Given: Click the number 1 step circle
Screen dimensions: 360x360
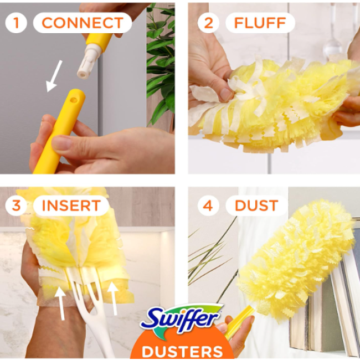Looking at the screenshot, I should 16,23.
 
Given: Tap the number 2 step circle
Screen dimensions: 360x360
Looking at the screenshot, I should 209,23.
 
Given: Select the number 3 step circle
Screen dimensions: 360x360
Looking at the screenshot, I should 17,205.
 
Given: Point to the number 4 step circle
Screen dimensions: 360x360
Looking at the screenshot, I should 208,206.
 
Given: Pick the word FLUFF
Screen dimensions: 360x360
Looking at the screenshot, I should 260,23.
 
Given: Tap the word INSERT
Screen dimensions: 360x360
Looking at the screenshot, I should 71,205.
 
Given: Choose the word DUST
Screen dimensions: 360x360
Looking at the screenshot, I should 256,206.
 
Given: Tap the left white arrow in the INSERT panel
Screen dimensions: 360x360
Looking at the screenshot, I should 60,302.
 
